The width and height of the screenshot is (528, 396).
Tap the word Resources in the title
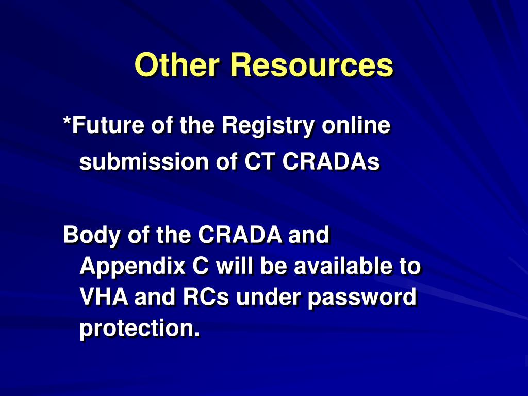pos(311,65)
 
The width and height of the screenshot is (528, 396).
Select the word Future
pos(107,126)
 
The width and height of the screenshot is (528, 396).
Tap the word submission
pos(141,162)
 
